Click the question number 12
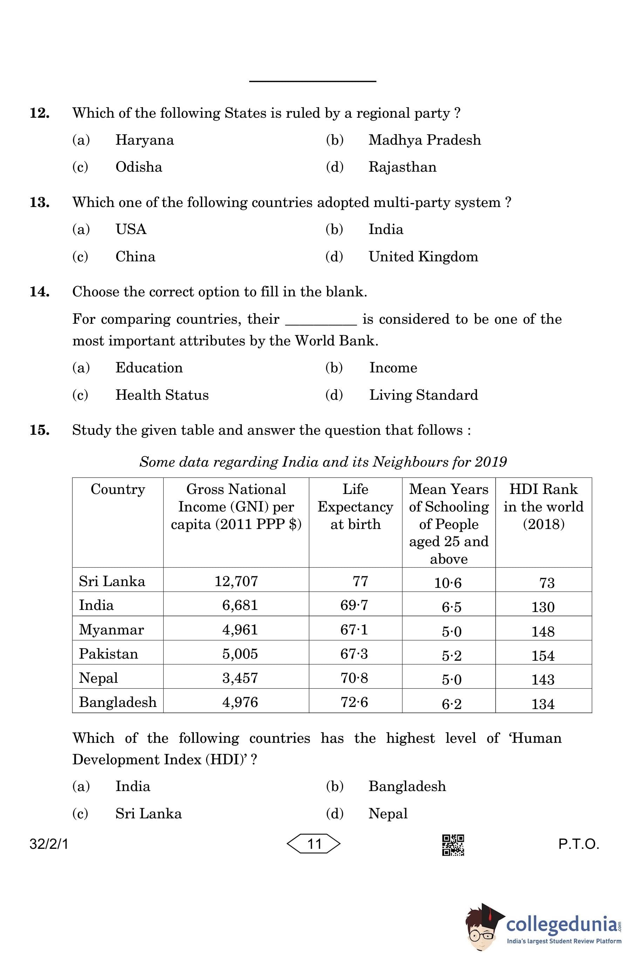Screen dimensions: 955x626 (x=39, y=113)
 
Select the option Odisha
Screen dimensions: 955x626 (x=138, y=167)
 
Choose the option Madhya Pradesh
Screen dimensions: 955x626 (x=424, y=140)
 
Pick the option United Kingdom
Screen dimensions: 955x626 (x=423, y=257)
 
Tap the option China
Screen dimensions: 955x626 (x=135, y=257)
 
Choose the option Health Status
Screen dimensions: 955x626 (x=162, y=395)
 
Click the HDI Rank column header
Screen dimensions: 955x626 (x=543, y=506)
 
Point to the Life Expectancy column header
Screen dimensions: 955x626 (x=355, y=506)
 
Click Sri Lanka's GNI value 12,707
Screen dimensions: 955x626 (x=236, y=581)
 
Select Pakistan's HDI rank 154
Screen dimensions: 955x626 (x=543, y=656)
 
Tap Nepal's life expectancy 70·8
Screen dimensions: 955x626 (x=354, y=678)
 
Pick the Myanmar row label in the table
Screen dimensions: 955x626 (x=111, y=630)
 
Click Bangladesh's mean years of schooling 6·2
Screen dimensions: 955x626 (x=451, y=704)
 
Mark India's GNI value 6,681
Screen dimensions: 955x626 (x=240, y=605)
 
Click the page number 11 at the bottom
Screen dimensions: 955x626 (x=314, y=844)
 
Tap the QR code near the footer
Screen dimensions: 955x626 (x=453, y=845)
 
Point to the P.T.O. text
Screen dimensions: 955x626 (x=578, y=844)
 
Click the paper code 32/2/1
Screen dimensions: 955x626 (x=49, y=844)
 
